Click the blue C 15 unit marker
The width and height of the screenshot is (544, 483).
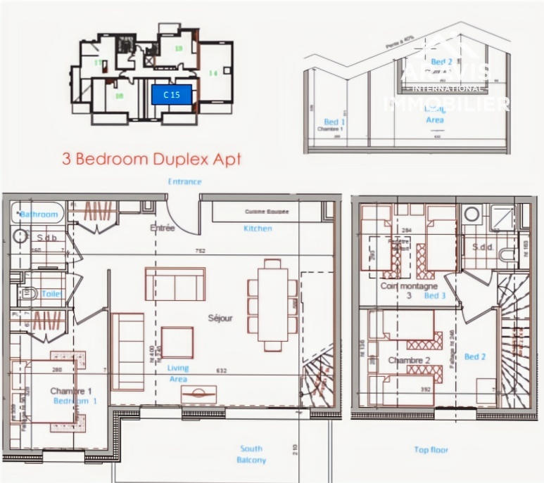pyautogui.click(x=172, y=94)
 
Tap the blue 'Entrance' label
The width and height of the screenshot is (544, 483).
pyautogui.click(x=184, y=181)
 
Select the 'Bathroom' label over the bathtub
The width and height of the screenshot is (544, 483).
pyautogui.click(x=39, y=214)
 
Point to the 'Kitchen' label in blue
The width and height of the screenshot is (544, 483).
pyautogui.click(x=258, y=228)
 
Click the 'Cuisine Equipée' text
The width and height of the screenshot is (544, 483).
pyautogui.click(x=267, y=212)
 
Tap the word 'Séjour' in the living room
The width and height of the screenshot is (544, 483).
pyautogui.click(x=220, y=318)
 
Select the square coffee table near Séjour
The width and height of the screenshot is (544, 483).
pyautogui.click(x=177, y=343)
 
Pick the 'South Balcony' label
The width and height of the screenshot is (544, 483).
pyautogui.click(x=251, y=454)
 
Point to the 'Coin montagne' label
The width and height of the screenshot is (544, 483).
pyautogui.click(x=409, y=286)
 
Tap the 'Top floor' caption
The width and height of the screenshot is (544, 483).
pyautogui.click(x=431, y=449)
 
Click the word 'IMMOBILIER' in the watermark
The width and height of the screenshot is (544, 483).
pyautogui.click(x=446, y=104)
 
